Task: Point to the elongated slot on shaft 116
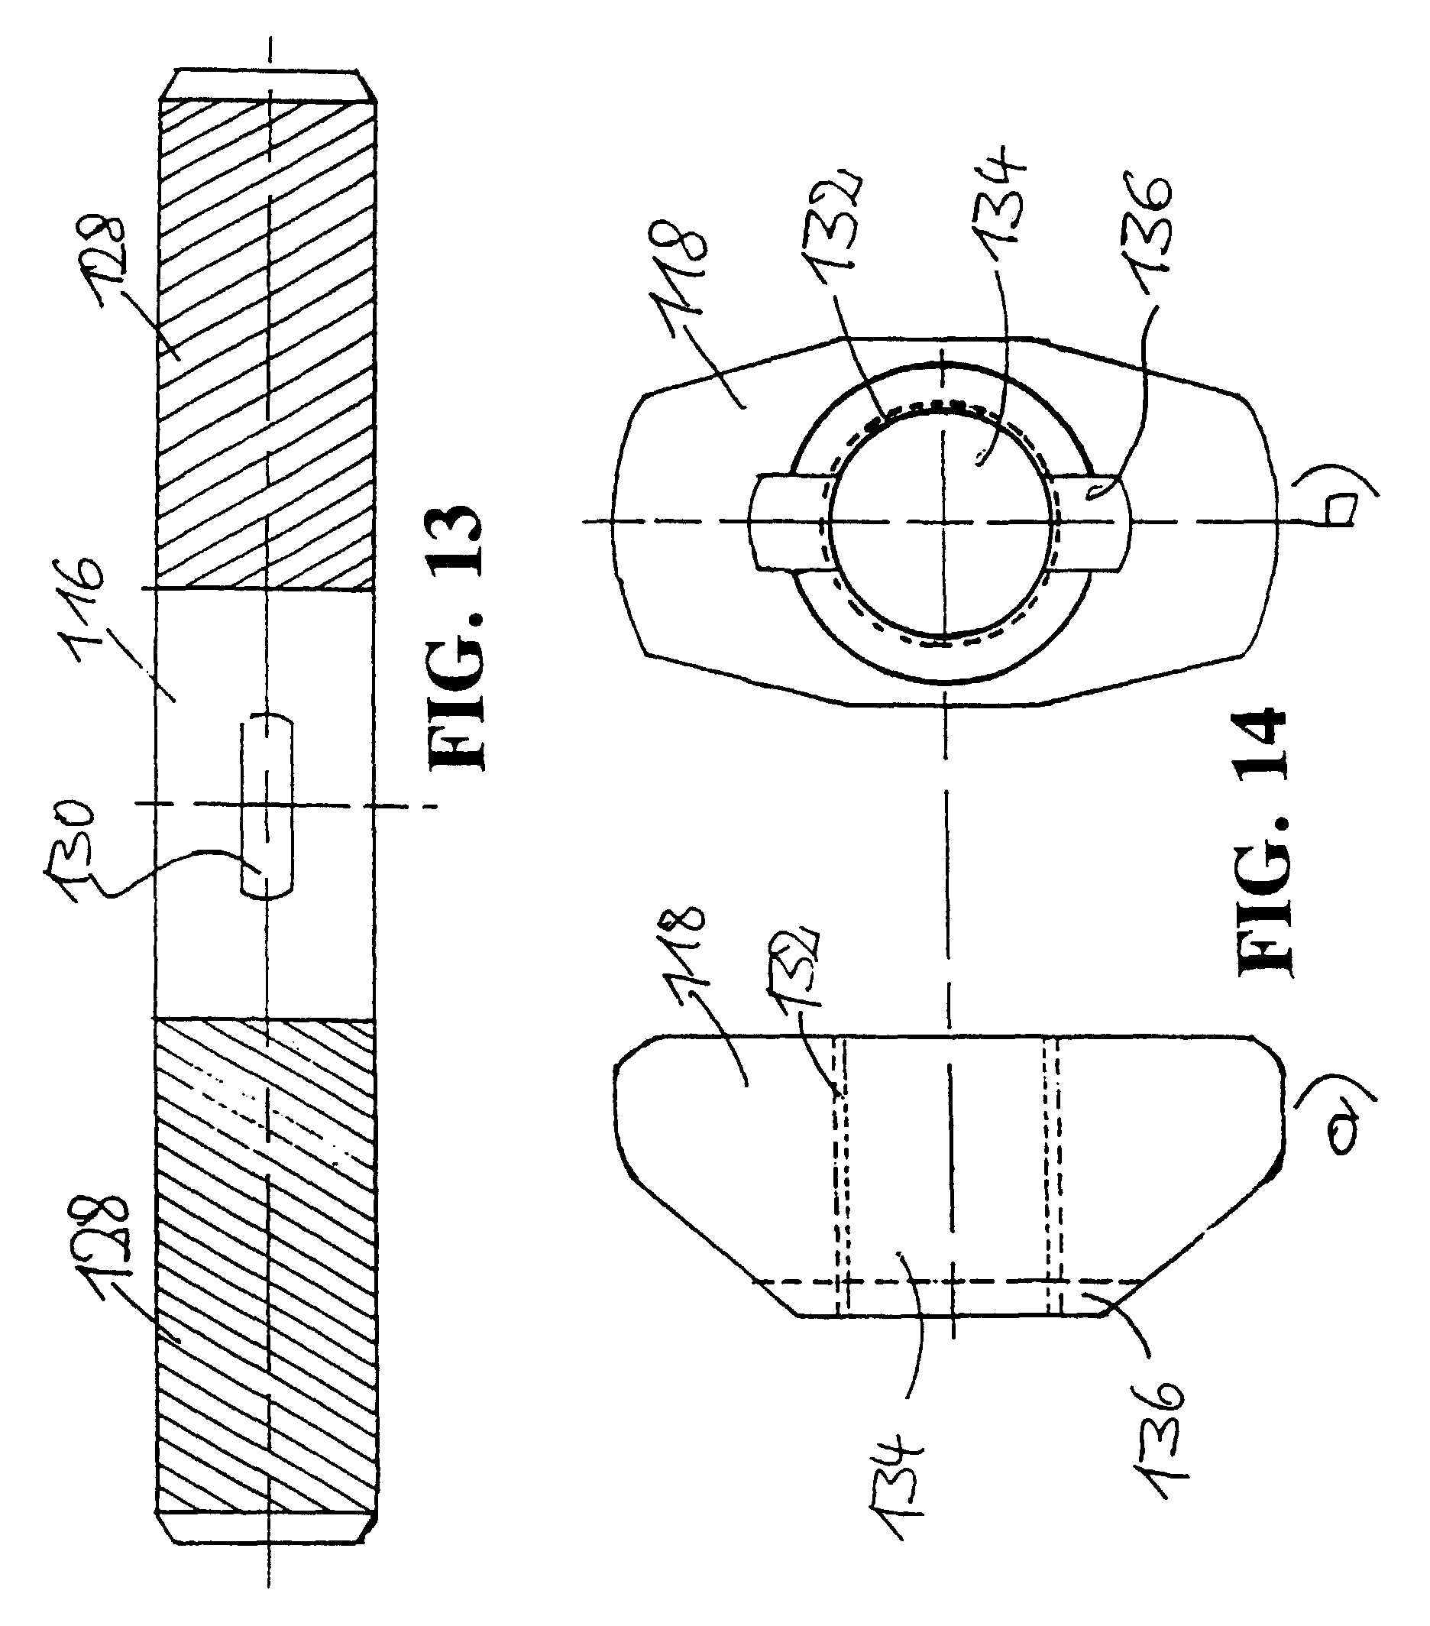coord(266,807)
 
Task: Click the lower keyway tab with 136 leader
coord(1094,521)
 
